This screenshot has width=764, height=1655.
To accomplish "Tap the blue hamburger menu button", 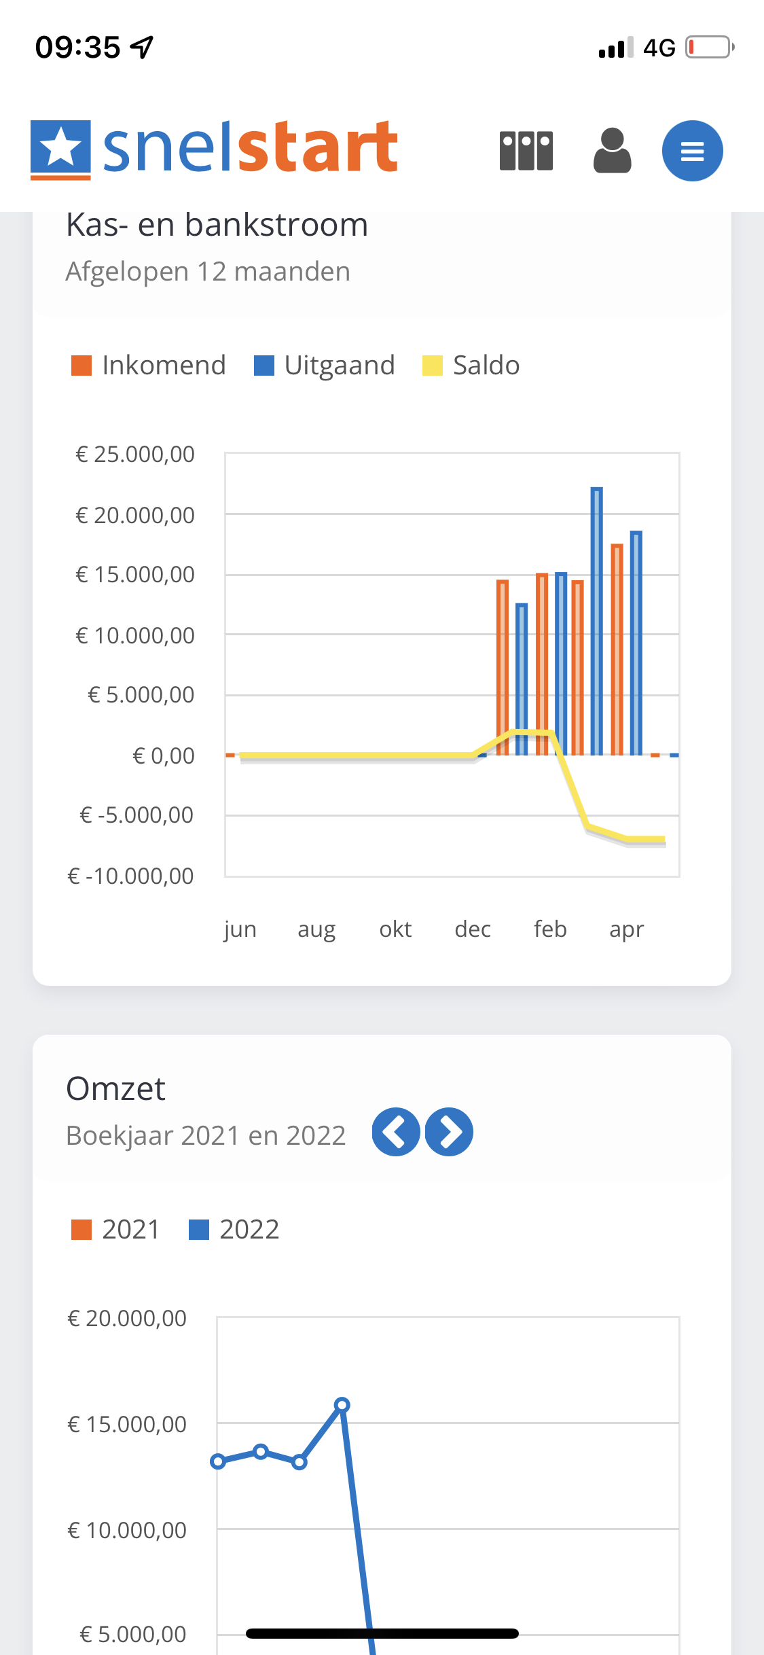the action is click(692, 151).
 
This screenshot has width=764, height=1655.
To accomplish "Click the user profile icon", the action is click(613, 150).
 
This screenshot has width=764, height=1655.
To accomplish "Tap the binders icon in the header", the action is click(526, 150).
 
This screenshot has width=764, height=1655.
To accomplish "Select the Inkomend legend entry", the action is click(149, 366).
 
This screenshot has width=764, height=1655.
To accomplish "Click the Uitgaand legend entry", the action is click(325, 366).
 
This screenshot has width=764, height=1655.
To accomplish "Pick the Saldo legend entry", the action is click(471, 366).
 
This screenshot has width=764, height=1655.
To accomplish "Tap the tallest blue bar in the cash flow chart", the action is click(596, 621).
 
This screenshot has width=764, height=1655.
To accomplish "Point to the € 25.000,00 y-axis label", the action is click(135, 454).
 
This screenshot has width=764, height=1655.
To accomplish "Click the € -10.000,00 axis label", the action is click(131, 876).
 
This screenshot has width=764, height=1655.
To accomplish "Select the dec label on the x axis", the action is click(473, 929).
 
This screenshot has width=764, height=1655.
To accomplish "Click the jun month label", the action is click(240, 929).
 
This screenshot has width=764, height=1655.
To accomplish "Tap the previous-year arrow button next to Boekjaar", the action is click(396, 1132).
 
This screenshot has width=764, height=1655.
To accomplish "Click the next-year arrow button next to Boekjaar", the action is click(449, 1132).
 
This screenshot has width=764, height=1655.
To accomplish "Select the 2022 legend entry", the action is click(234, 1230).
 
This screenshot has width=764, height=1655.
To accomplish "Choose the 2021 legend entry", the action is click(115, 1230).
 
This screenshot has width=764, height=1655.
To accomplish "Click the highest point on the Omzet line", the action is click(342, 1404).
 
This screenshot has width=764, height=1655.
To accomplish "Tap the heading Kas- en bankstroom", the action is click(217, 225).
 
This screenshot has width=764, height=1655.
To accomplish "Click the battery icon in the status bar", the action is click(710, 48).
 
